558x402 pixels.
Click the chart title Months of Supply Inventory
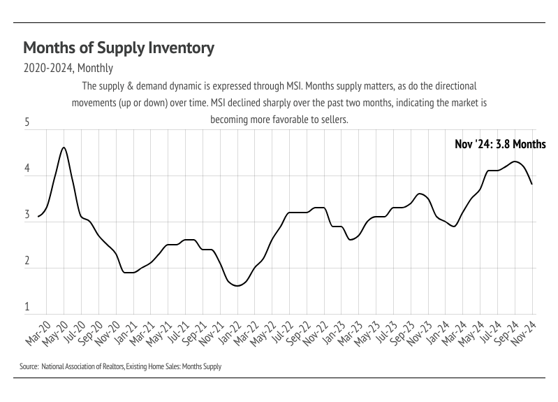119,48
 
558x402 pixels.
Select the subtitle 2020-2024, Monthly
68,69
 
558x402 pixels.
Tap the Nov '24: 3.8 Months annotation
500,145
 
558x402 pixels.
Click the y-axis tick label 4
27,169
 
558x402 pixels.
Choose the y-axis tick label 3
27,215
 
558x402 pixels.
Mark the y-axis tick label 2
27,261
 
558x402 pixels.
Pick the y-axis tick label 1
27,307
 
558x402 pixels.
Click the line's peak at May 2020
64,148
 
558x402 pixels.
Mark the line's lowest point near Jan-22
237,285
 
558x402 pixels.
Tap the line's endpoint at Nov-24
533,184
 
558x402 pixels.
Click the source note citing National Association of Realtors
121,366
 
